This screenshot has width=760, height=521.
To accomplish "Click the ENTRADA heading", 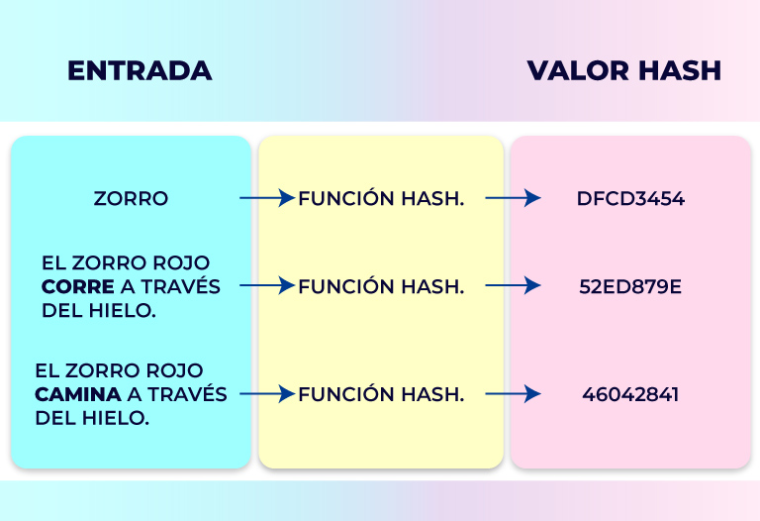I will coord(140,70).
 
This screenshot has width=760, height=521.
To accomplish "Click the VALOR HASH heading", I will coord(623,70).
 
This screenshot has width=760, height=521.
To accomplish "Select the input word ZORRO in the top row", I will coord(131,198).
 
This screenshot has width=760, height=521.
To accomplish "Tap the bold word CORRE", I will coord(70,286).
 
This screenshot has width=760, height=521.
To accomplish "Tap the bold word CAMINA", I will coord(77,394).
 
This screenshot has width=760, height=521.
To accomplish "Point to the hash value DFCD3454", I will coord(630,198).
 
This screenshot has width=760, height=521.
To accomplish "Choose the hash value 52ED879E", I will coord(630,286).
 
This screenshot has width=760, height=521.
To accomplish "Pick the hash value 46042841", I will coord(630,394).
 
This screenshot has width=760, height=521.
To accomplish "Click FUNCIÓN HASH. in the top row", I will coord(381,198).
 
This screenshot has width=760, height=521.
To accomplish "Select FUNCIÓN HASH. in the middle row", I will coord(381,286).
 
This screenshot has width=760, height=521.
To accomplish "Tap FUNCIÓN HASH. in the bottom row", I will coord(381,394).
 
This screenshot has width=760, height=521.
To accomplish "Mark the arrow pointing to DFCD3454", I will coord(513,198).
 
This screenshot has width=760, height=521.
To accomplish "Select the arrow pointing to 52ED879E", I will coord(513,286).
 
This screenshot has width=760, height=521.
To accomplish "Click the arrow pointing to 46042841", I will coord(513,394).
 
